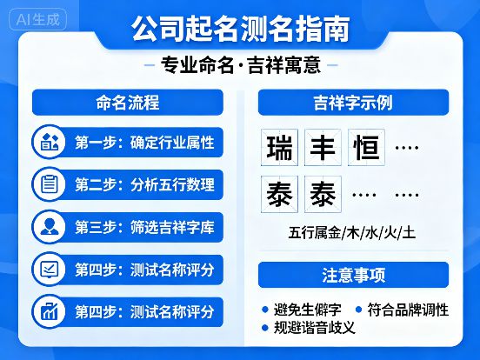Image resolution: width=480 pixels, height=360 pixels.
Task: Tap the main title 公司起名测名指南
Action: (240, 29)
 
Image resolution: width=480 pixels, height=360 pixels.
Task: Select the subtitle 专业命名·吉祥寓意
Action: (240, 66)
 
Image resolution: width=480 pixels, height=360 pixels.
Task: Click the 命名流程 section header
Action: (127, 103)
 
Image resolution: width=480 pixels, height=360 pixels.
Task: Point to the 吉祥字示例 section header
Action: (353, 103)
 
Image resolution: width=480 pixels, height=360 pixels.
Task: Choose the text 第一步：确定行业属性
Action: (144, 142)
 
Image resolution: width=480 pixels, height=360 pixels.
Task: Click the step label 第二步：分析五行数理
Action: (144, 184)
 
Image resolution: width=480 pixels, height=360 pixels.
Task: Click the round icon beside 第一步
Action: (49, 142)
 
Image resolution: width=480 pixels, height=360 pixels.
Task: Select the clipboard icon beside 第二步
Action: (49, 184)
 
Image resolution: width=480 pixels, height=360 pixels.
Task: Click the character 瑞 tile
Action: (280, 149)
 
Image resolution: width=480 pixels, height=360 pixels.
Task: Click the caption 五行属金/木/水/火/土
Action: (352, 233)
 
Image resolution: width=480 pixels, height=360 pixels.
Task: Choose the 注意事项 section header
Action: (353, 276)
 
